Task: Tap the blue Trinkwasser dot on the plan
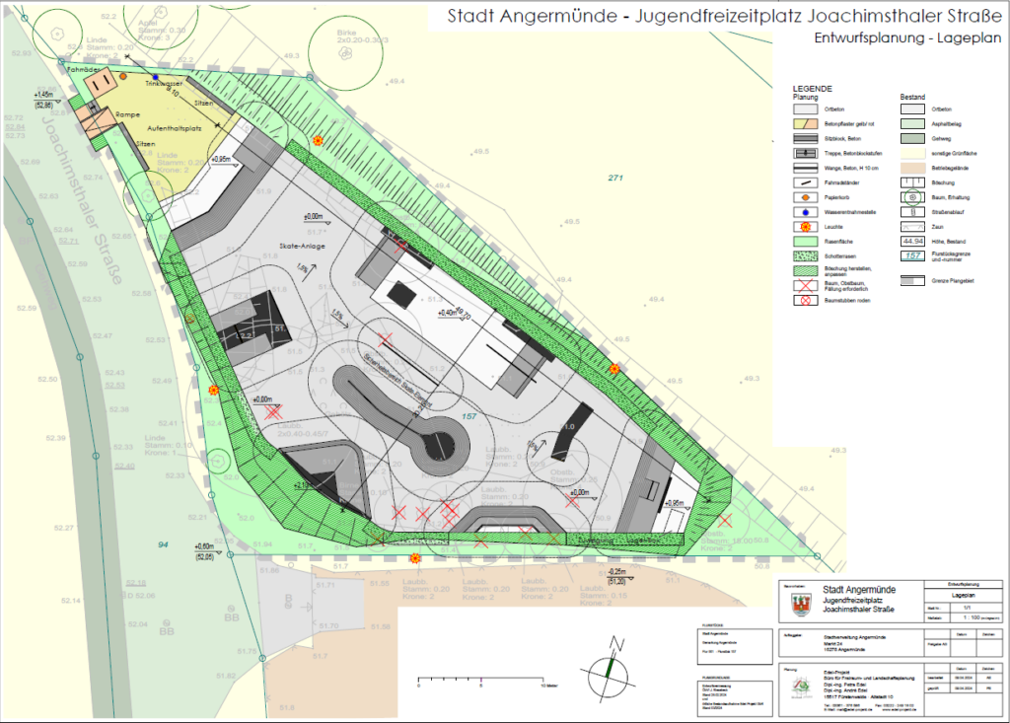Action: (x=156, y=77)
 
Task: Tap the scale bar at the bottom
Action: (x=480, y=680)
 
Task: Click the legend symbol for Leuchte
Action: (x=808, y=226)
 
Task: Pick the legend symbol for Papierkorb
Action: (x=808, y=197)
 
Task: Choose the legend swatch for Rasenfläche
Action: (x=808, y=241)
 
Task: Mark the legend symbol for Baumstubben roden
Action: (x=808, y=299)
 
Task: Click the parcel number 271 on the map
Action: (x=618, y=178)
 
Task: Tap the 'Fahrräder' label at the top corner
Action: (x=83, y=70)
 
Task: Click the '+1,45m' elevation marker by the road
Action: (x=43, y=94)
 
